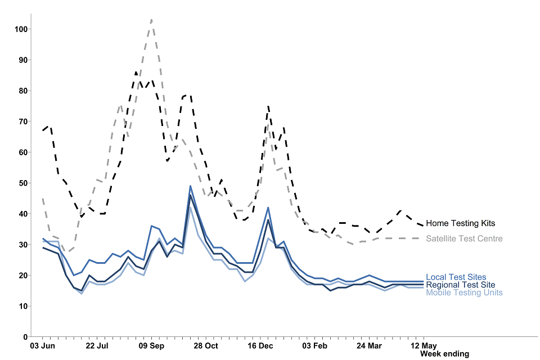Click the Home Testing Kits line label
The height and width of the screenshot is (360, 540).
(460, 223)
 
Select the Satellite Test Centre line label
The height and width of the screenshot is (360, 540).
(464, 238)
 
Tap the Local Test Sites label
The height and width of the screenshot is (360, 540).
(456, 277)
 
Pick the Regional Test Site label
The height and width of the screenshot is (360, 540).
(461, 285)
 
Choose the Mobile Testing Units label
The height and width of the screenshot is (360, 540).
(464, 292)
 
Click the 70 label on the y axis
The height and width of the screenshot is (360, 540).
(21, 121)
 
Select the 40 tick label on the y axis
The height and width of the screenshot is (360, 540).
(21, 214)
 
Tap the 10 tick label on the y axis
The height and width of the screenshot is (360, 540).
(21, 306)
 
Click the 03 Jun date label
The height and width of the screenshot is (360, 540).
(42, 345)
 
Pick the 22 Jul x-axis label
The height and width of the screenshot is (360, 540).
(96, 345)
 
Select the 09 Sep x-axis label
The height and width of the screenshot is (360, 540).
(151, 345)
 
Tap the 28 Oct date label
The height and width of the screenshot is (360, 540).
(206, 345)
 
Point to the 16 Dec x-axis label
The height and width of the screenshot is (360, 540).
(260, 345)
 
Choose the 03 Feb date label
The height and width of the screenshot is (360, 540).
(315, 345)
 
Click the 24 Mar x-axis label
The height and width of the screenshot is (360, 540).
(369, 345)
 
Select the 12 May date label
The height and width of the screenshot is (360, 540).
(423, 345)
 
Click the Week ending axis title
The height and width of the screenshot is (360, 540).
(444, 354)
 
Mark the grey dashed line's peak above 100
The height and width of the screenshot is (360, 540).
(151, 20)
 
